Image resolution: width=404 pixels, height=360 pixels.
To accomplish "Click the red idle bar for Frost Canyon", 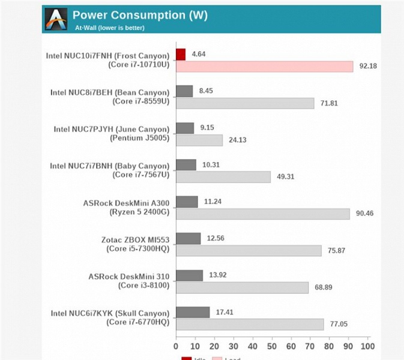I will pyautogui.click(x=181, y=55).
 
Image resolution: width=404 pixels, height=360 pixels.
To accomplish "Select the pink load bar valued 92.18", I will pyautogui.click(x=264, y=66).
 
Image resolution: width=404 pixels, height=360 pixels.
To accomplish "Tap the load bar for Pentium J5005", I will pyautogui.click(x=199, y=140).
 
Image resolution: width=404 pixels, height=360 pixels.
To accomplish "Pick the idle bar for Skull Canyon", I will pyautogui.click(x=193, y=313).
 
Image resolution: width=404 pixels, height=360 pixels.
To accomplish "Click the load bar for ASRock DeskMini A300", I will pyautogui.click(x=262, y=214).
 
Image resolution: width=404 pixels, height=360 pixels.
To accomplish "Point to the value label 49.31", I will pyautogui.click(x=285, y=177).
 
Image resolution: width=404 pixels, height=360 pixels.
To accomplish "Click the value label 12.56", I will pyautogui.click(x=216, y=239).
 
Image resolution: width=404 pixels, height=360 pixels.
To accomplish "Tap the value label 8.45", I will pyautogui.click(x=207, y=91).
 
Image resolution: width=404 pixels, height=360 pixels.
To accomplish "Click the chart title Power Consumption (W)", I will pyautogui.click(x=140, y=16).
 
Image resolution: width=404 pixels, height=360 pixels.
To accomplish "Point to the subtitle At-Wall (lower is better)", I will pyautogui.click(x=110, y=28).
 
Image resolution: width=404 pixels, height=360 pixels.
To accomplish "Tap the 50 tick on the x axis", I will pyautogui.click(x=272, y=346).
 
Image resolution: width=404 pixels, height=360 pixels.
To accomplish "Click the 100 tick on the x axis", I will pyautogui.click(x=368, y=346).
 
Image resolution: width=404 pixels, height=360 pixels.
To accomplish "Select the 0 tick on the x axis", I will pyautogui.click(x=176, y=346).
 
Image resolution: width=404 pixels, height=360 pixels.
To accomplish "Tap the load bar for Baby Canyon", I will pyautogui.click(x=223, y=177).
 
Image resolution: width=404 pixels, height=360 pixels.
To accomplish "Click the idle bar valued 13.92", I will pyautogui.click(x=189, y=275).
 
